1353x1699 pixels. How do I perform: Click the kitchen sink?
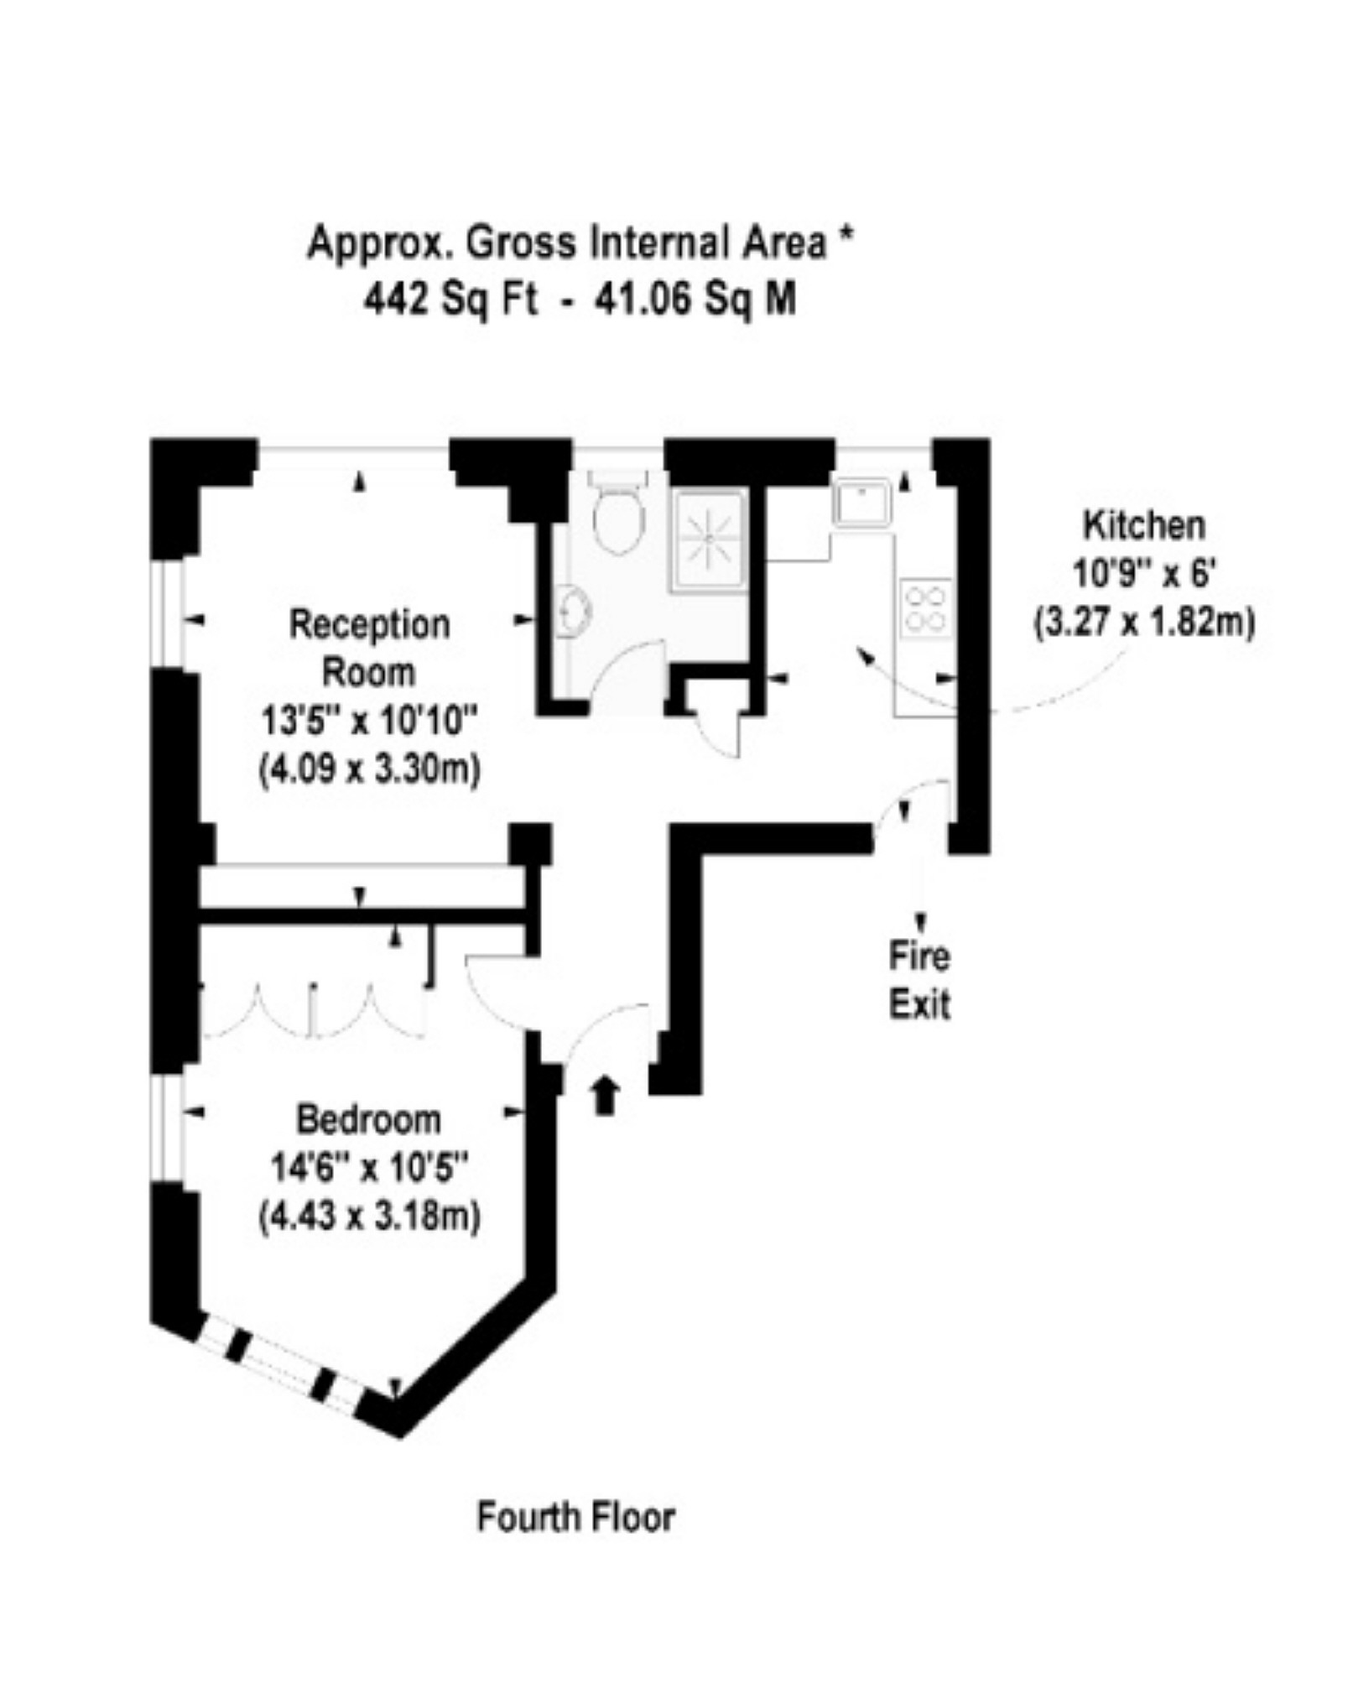coord(861,502)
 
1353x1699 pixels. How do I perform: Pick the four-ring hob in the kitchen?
coord(927,608)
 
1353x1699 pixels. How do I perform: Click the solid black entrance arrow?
coord(606,1095)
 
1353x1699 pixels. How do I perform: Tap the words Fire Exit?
coord(920,981)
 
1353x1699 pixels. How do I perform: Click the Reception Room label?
coord(369,649)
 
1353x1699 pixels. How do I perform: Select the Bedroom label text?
coord(369,1120)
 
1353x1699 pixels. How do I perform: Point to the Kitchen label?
coord(1144,526)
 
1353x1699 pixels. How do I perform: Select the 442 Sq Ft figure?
coord(450,300)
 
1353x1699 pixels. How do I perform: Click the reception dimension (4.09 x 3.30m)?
coord(369,769)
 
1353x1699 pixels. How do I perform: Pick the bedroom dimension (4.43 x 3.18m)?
coord(369,1216)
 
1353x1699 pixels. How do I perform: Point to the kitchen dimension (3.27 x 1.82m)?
coord(1144,623)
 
